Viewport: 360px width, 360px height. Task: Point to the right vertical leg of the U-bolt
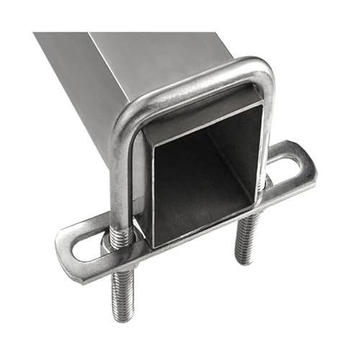pos(268,130)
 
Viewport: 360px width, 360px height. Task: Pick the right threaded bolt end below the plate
pos(246,238)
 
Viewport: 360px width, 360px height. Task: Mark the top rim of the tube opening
pos(202,115)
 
